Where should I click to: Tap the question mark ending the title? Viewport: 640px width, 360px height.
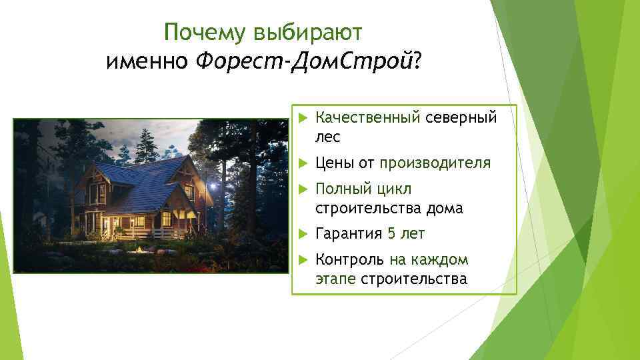click(x=417, y=62)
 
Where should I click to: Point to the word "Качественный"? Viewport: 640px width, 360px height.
click(x=367, y=118)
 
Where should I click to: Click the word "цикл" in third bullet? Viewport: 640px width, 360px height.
click(x=398, y=189)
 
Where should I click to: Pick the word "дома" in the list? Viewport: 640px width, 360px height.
click(x=445, y=208)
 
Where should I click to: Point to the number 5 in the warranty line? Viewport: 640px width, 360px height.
click(x=391, y=233)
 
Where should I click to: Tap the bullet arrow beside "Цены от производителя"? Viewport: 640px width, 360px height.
click(x=301, y=163)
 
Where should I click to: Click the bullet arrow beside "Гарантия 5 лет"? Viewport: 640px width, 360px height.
click(x=301, y=233)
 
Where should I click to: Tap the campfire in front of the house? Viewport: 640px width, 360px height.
click(x=139, y=249)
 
